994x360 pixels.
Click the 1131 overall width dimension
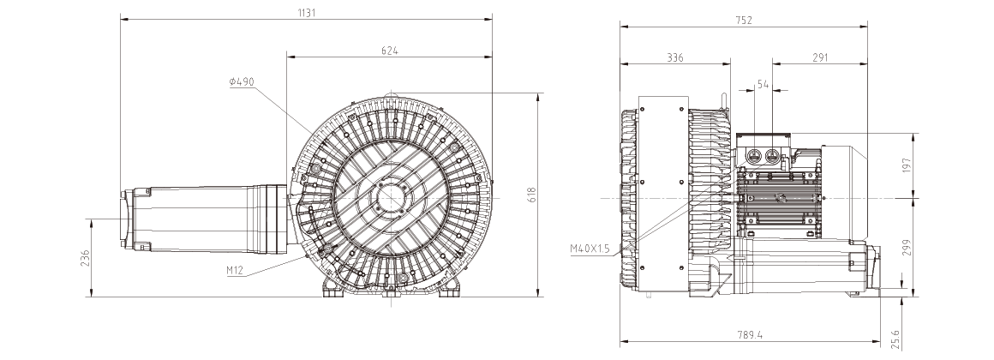pyautogui.click(x=306, y=13)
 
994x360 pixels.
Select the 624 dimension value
pyautogui.click(x=389, y=51)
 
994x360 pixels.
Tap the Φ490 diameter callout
pyautogui.click(x=242, y=81)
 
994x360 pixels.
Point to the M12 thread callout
pyautogui.click(x=235, y=271)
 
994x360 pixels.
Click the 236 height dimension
pyautogui.click(x=86, y=258)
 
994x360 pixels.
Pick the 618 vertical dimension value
pyautogui.click(x=532, y=195)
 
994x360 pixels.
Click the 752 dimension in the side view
pyautogui.click(x=744, y=21)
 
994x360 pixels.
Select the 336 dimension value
pyautogui.click(x=675, y=57)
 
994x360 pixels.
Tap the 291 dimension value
pyautogui.click(x=820, y=57)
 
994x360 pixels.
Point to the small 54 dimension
pyautogui.click(x=763, y=84)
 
